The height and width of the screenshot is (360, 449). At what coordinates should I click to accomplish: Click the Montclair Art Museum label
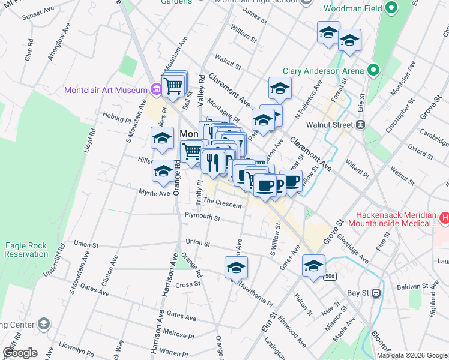click(106, 90)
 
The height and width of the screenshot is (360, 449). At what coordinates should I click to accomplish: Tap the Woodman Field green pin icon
click(391, 8)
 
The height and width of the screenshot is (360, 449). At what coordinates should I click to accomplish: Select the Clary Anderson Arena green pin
click(373, 71)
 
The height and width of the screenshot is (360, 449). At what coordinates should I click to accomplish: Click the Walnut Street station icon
click(361, 125)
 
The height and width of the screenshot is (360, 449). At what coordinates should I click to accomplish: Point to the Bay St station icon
click(376, 293)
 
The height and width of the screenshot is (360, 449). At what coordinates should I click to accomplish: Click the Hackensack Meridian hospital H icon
click(444, 217)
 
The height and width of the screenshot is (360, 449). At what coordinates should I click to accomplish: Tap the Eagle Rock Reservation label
click(25, 250)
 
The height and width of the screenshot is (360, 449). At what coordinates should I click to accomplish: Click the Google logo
click(20, 352)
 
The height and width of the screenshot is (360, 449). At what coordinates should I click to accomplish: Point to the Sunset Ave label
click(37, 14)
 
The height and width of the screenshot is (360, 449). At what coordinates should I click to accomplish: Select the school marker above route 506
click(313, 266)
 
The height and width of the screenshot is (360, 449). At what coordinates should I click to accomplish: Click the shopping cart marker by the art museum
click(173, 85)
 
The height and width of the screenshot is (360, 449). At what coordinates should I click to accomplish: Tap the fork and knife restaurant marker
click(213, 161)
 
